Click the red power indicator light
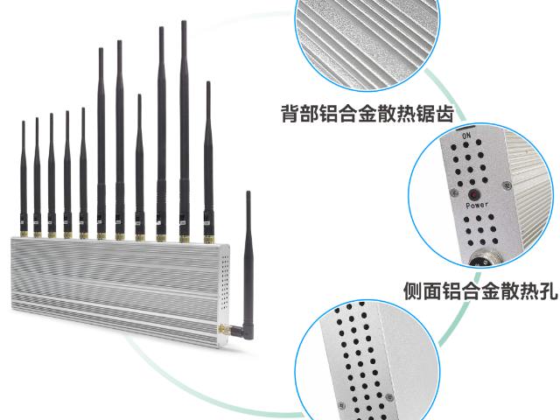coord(474,195)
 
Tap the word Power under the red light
coord(477,206)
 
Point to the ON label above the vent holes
coord(466,136)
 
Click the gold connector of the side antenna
coord(224,329)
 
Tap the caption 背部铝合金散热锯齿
coord(367,114)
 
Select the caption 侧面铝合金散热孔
coord(480,291)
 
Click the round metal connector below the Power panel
coord(485,259)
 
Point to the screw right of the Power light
coord(507,185)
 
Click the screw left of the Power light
coord(454,193)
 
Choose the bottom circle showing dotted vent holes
coord(367,360)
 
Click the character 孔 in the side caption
coord(549,291)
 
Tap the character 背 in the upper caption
coord(290,114)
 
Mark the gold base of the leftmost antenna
coord(24,234)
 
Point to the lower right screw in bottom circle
coord(390,397)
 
